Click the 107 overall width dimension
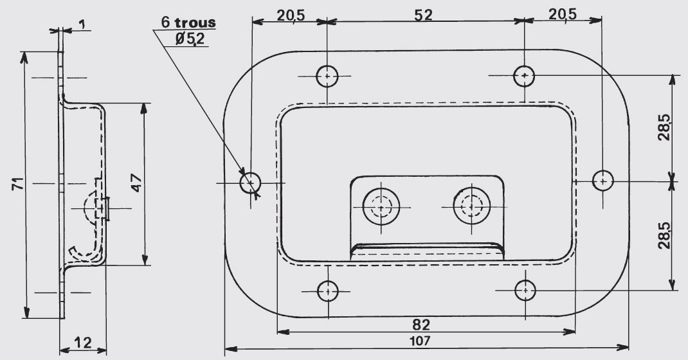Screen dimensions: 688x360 pos(421,340)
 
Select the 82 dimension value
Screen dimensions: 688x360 pos(421,325)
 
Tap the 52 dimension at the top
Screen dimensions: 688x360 pos(424,15)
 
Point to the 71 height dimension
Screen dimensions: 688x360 pos(17,184)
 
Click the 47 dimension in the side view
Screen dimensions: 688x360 pos(136,183)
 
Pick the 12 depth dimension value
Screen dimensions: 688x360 pos(82,343)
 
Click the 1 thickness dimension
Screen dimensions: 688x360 pos(82,24)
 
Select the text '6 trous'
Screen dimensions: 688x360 pos(188,22)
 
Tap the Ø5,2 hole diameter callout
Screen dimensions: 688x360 pos(190,39)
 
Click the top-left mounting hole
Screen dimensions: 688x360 pos(327,76)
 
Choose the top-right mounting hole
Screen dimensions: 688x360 pos(524,75)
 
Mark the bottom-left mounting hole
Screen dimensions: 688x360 pos(328,291)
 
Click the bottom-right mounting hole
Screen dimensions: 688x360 pos(525,291)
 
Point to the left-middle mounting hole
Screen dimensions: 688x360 pos(251,183)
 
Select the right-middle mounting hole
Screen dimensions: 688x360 pos(603,181)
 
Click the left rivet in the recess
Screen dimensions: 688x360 pos(381,206)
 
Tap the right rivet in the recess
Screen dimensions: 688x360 pos(472,206)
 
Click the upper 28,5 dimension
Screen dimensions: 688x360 pos(664,127)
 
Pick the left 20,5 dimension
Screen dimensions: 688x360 pos(291,15)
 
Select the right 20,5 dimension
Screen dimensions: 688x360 pos(563,15)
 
